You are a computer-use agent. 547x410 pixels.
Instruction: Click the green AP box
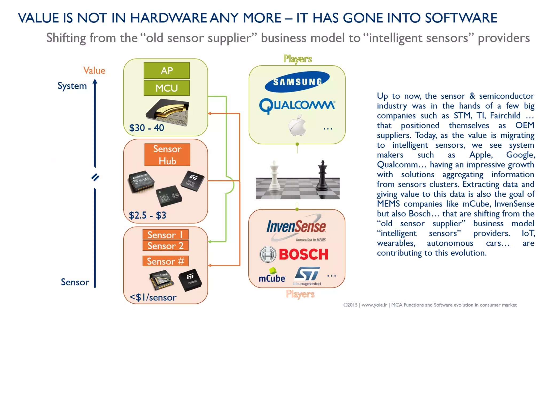pyautogui.click(x=166, y=70)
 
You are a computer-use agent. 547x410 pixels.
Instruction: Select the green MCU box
pyautogui.click(x=166, y=88)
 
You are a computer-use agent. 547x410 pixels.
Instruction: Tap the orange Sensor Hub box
pyautogui.click(x=167, y=155)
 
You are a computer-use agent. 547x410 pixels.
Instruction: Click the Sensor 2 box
pyautogui.click(x=165, y=246)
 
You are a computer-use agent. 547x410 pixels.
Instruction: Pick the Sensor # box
pyautogui.click(x=165, y=261)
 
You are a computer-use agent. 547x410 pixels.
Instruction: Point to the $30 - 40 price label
pyautogui.click(x=147, y=128)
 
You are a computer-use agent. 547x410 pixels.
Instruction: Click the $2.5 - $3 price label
pyautogui.click(x=147, y=215)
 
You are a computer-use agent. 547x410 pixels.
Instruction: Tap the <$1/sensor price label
pyautogui.click(x=153, y=297)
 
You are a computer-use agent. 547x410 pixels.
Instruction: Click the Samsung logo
pyautogui.click(x=297, y=82)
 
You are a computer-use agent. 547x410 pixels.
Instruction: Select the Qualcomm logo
pyautogui.click(x=297, y=106)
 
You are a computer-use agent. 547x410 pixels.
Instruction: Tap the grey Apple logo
pyautogui.click(x=297, y=125)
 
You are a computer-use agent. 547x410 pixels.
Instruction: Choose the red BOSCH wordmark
pyautogui.click(x=303, y=254)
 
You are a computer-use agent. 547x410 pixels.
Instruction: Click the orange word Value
pyautogui.click(x=94, y=70)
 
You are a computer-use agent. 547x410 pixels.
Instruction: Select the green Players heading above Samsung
pyautogui.click(x=298, y=59)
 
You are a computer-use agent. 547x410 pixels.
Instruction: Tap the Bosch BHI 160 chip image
pyautogui.click(x=169, y=196)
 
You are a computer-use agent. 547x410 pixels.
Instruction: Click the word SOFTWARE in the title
pyautogui.click(x=461, y=18)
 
